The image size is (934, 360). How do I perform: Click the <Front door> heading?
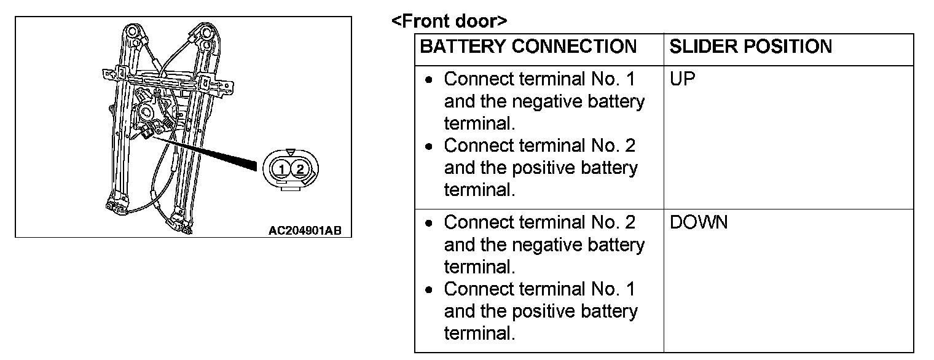(x=449, y=22)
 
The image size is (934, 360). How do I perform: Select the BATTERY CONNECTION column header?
(x=528, y=47)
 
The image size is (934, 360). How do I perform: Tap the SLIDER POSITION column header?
(x=750, y=47)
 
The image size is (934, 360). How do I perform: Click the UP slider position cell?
(x=682, y=79)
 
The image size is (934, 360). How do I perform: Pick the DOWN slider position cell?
(x=698, y=222)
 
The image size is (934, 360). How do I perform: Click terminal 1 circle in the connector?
(x=281, y=168)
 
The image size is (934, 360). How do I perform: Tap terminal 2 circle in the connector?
(x=300, y=168)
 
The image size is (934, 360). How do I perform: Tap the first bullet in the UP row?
(x=431, y=80)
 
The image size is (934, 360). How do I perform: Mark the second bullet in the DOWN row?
(x=431, y=289)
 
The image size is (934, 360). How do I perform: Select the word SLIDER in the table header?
(x=699, y=47)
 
